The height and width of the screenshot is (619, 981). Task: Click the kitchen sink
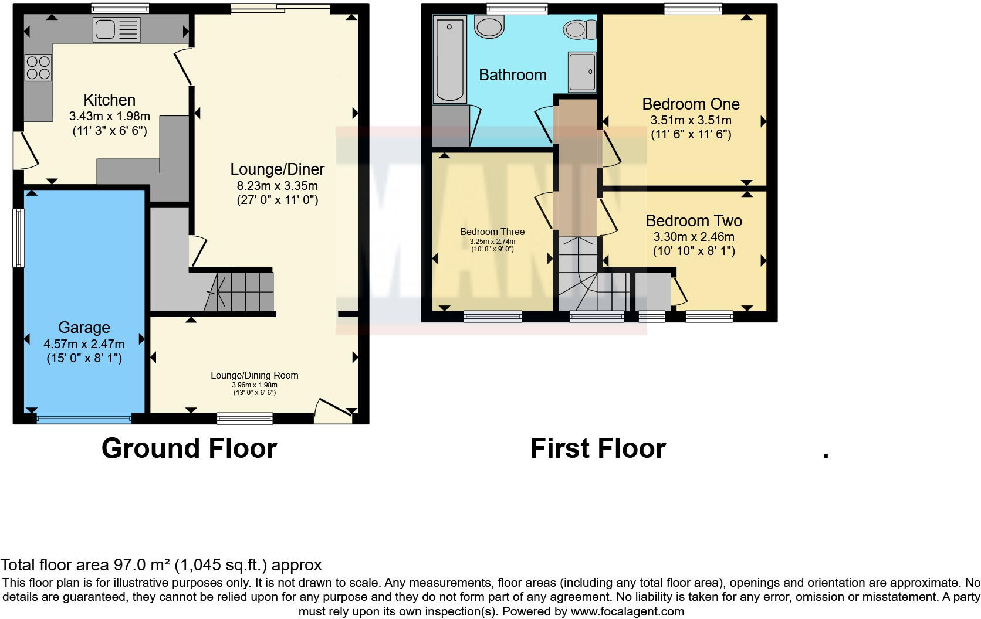coord(117,29)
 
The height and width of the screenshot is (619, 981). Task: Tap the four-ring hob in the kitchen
coord(38,67)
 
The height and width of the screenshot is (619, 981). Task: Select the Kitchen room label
coord(109,100)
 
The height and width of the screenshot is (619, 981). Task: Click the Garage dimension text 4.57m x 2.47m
coord(84,344)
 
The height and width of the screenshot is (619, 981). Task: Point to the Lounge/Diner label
coord(277,169)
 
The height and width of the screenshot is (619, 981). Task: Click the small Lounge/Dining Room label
coord(255,375)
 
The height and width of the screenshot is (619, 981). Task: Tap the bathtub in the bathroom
coord(450,60)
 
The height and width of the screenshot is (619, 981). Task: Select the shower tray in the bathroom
coord(582,72)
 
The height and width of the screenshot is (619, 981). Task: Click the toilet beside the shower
coord(580,29)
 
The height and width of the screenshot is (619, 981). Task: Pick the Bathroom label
coord(512,75)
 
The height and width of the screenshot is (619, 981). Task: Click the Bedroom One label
coord(691,104)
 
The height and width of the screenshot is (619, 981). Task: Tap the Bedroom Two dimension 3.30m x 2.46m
coord(694,237)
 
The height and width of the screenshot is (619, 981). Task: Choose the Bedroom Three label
coord(492,232)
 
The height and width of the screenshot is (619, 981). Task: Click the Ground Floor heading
coord(189,448)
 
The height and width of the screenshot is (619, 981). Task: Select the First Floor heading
coord(597,448)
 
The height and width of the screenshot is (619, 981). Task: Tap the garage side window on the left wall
coord(19,238)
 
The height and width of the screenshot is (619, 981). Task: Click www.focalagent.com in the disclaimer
coord(627,611)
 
